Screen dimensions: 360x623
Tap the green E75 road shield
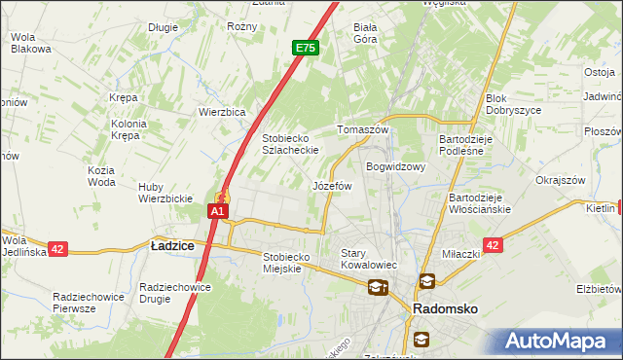click(x=305, y=46)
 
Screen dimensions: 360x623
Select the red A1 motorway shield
click(x=218, y=210)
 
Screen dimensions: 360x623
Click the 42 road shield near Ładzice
click(x=57, y=249)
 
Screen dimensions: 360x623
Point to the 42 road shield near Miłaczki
click(x=494, y=246)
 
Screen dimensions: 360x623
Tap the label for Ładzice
click(x=172, y=247)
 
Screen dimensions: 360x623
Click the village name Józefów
click(x=331, y=185)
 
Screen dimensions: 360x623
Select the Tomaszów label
click(x=362, y=129)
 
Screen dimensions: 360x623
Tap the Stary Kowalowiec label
click(x=365, y=259)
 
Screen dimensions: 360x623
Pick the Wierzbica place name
click(x=222, y=111)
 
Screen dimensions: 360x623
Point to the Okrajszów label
click(x=560, y=180)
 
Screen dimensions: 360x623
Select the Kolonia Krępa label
click(x=128, y=130)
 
